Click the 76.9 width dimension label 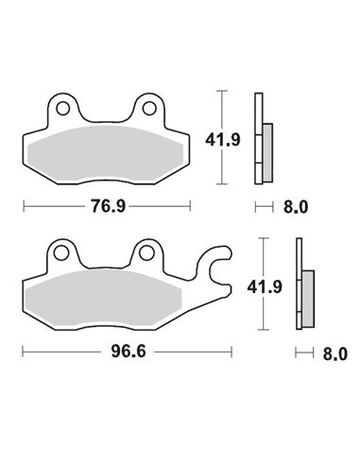point(107,206)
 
